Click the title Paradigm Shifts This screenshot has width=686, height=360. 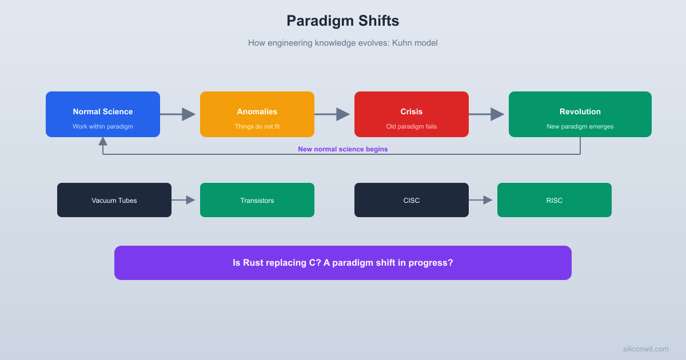click(x=342, y=21)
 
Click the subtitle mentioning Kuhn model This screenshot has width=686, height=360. click(x=342, y=43)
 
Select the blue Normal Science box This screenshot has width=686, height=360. click(x=103, y=114)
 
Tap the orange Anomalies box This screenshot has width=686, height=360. click(x=257, y=114)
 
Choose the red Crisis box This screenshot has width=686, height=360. click(x=412, y=114)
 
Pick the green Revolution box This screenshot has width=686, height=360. click(x=580, y=114)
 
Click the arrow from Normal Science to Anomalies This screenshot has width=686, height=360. click(x=178, y=114)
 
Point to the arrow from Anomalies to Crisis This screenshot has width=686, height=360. click(x=333, y=114)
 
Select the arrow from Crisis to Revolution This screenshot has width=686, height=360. click(x=487, y=114)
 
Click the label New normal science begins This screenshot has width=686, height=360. click(x=342, y=149)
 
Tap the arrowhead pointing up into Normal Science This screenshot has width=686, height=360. click(x=103, y=141)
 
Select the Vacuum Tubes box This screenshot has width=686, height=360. click(x=114, y=200)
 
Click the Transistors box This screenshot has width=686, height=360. click(x=257, y=200)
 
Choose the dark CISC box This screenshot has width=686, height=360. click(x=412, y=200)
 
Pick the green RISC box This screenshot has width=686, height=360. click(x=555, y=200)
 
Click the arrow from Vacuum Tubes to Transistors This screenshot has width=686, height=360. click(x=184, y=200)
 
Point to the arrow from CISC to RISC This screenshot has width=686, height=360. click(x=481, y=200)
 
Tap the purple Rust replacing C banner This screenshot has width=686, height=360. click(x=343, y=263)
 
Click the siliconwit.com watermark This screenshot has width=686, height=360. click(x=645, y=349)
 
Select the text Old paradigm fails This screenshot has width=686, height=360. click(x=412, y=126)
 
